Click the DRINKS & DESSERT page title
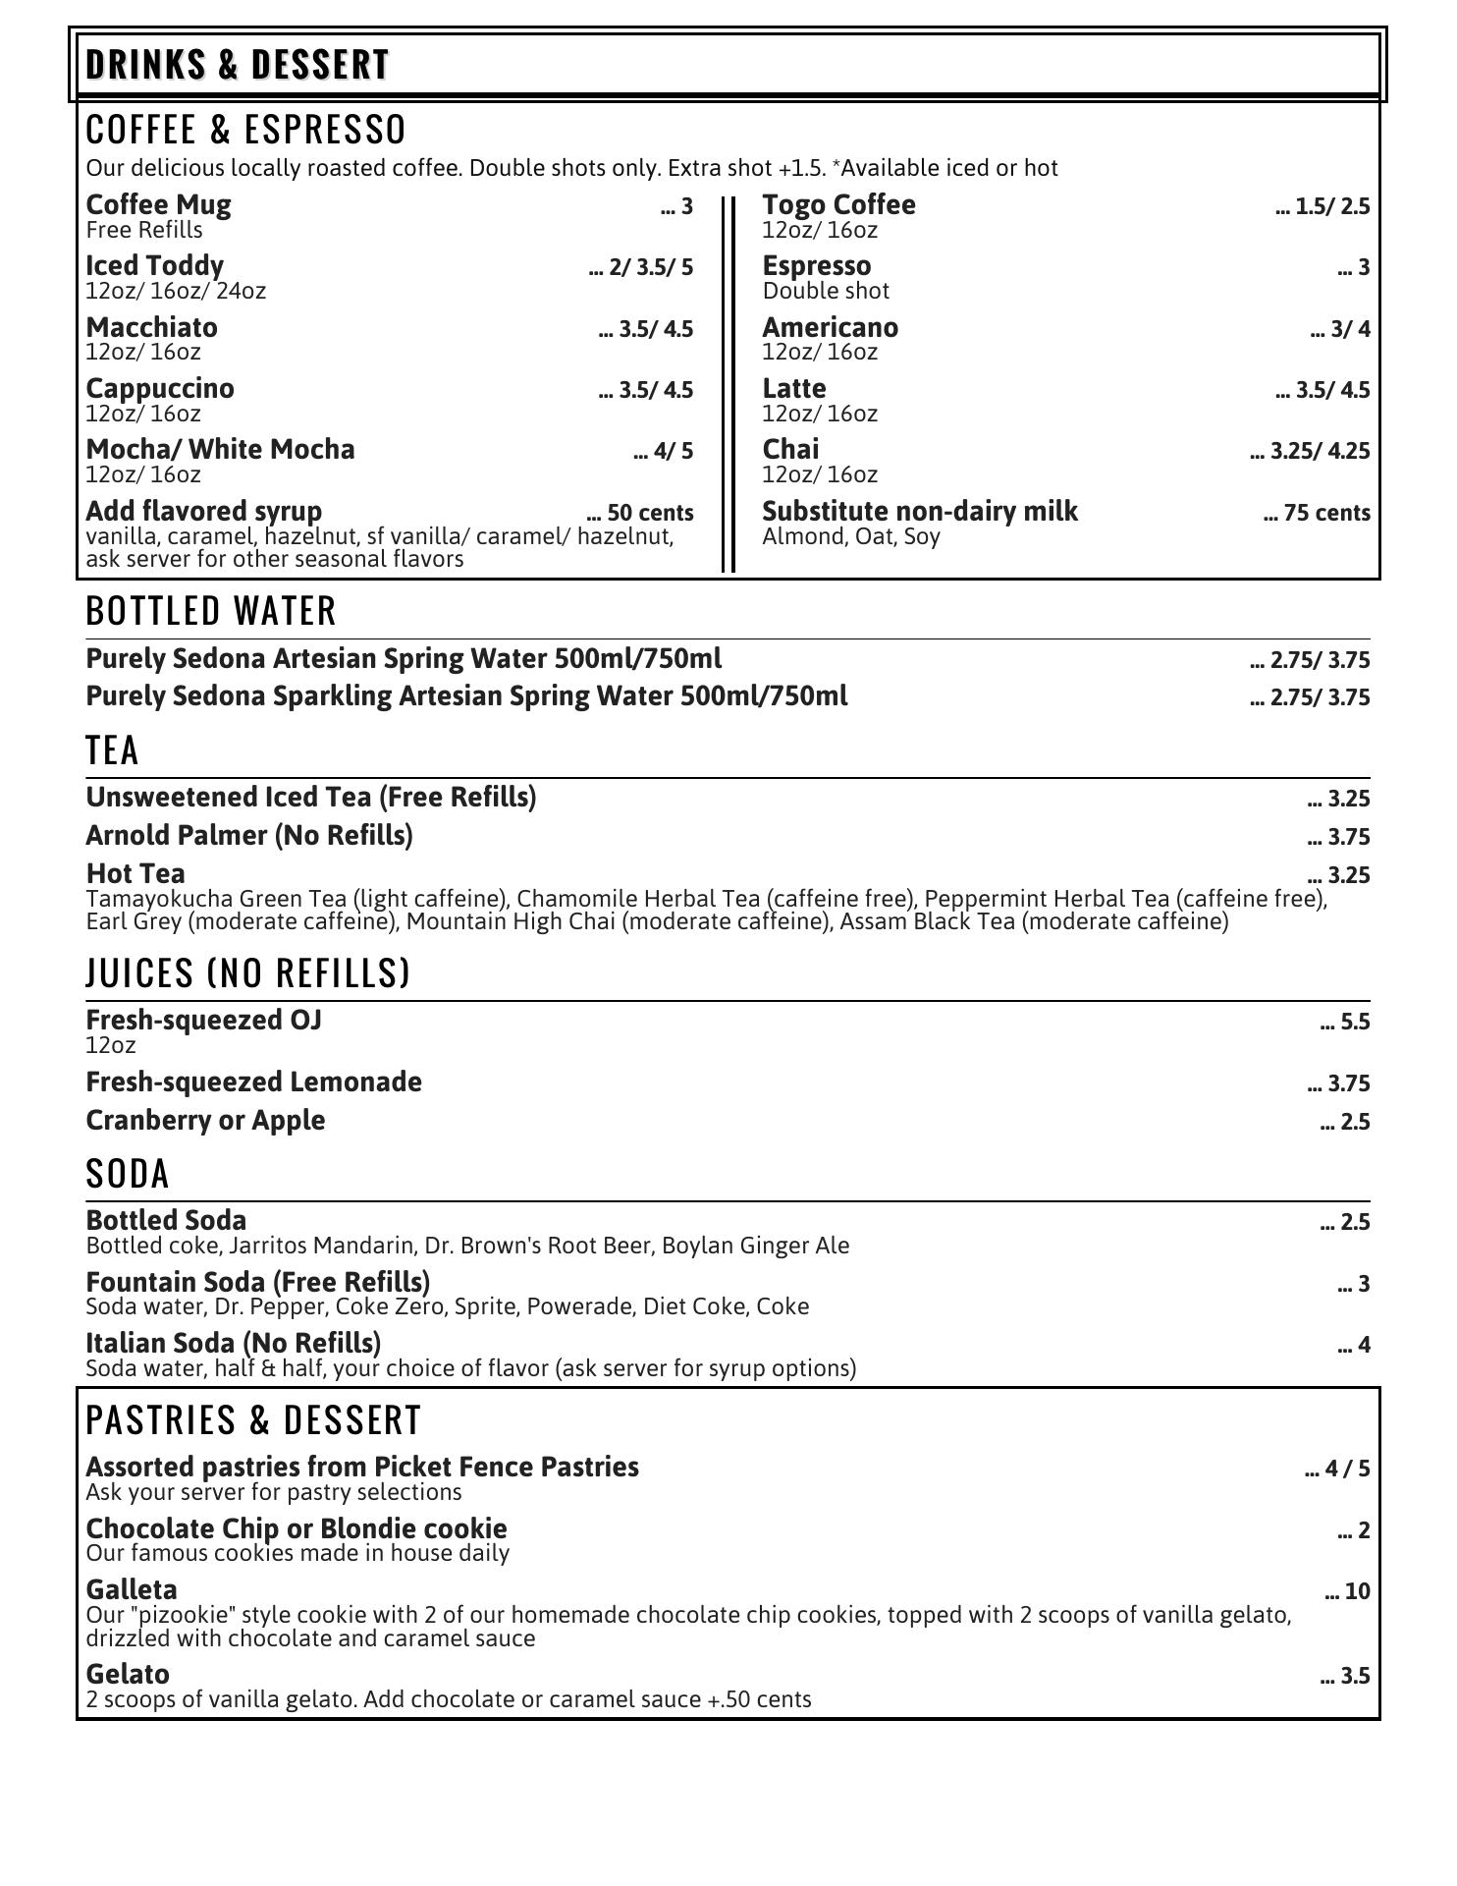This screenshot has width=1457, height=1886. point(238,65)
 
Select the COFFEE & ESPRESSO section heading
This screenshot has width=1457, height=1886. point(245,130)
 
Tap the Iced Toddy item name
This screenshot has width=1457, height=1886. point(154,266)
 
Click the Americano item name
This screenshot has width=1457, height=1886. point(830,327)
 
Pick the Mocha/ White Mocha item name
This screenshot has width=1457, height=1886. point(220,450)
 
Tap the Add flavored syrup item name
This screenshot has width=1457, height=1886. point(203,512)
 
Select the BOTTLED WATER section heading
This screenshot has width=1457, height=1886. point(211,611)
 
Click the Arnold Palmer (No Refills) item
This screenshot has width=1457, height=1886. point(249,836)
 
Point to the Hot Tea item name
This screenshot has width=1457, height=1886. point(135,873)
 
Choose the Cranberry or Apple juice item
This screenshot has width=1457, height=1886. point(205,1121)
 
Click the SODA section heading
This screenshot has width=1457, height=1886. point(128,1174)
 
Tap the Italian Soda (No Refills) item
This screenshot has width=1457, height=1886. point(234,1343)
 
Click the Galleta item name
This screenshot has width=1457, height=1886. point(132,1589)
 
